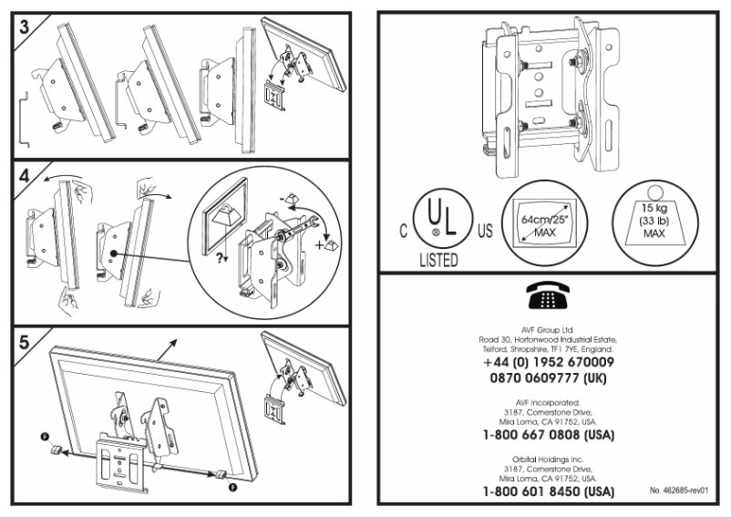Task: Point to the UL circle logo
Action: (x=441, y=218)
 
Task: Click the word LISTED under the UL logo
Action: (x=440, y=260)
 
